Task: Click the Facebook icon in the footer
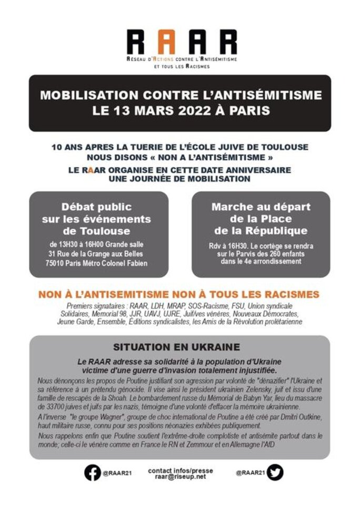point(92,473)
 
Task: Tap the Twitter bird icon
point(274,473)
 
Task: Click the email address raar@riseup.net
point(180,476)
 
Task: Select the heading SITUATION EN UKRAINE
point(176,347)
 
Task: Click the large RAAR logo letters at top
point(181,42)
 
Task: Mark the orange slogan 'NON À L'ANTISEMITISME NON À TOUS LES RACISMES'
point(179,295)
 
